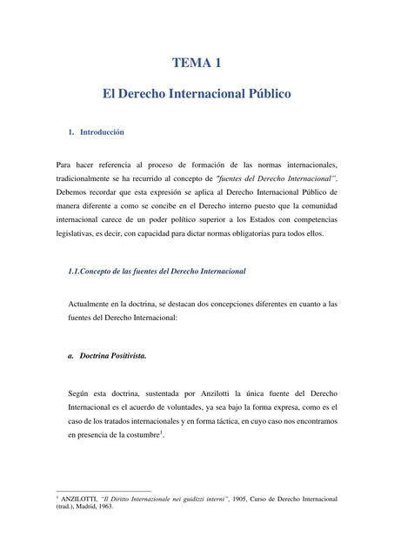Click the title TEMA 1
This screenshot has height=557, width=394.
point(197,63)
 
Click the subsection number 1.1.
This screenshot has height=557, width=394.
point(75,272)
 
